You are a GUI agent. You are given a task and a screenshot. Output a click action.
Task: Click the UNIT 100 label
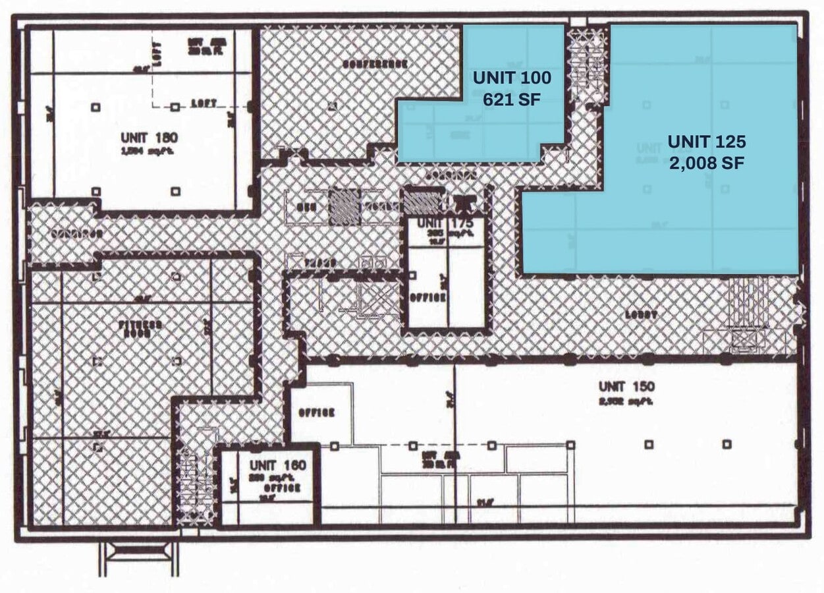(x=512, y=78)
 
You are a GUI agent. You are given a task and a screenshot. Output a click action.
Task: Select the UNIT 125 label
(x=706, y=142)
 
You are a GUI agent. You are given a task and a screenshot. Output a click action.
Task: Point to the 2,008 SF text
(x=706, y=163)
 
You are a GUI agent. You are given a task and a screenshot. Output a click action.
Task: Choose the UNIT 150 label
(x=626, y=386)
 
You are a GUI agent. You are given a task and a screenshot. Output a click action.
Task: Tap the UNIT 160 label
(x=277, y=466)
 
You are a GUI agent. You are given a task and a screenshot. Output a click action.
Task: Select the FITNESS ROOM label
(x=140, y=329)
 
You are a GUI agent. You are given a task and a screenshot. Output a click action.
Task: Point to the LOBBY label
(x=642, y=315)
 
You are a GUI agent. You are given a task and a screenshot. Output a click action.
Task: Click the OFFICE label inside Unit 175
(x=428, y=297)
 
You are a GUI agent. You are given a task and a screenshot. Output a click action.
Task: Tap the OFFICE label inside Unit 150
(x=317, y=412)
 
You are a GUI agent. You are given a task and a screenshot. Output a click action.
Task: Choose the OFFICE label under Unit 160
(x=283, y=488)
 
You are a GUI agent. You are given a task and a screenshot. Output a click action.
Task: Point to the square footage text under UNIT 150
(x=626, y=401)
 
